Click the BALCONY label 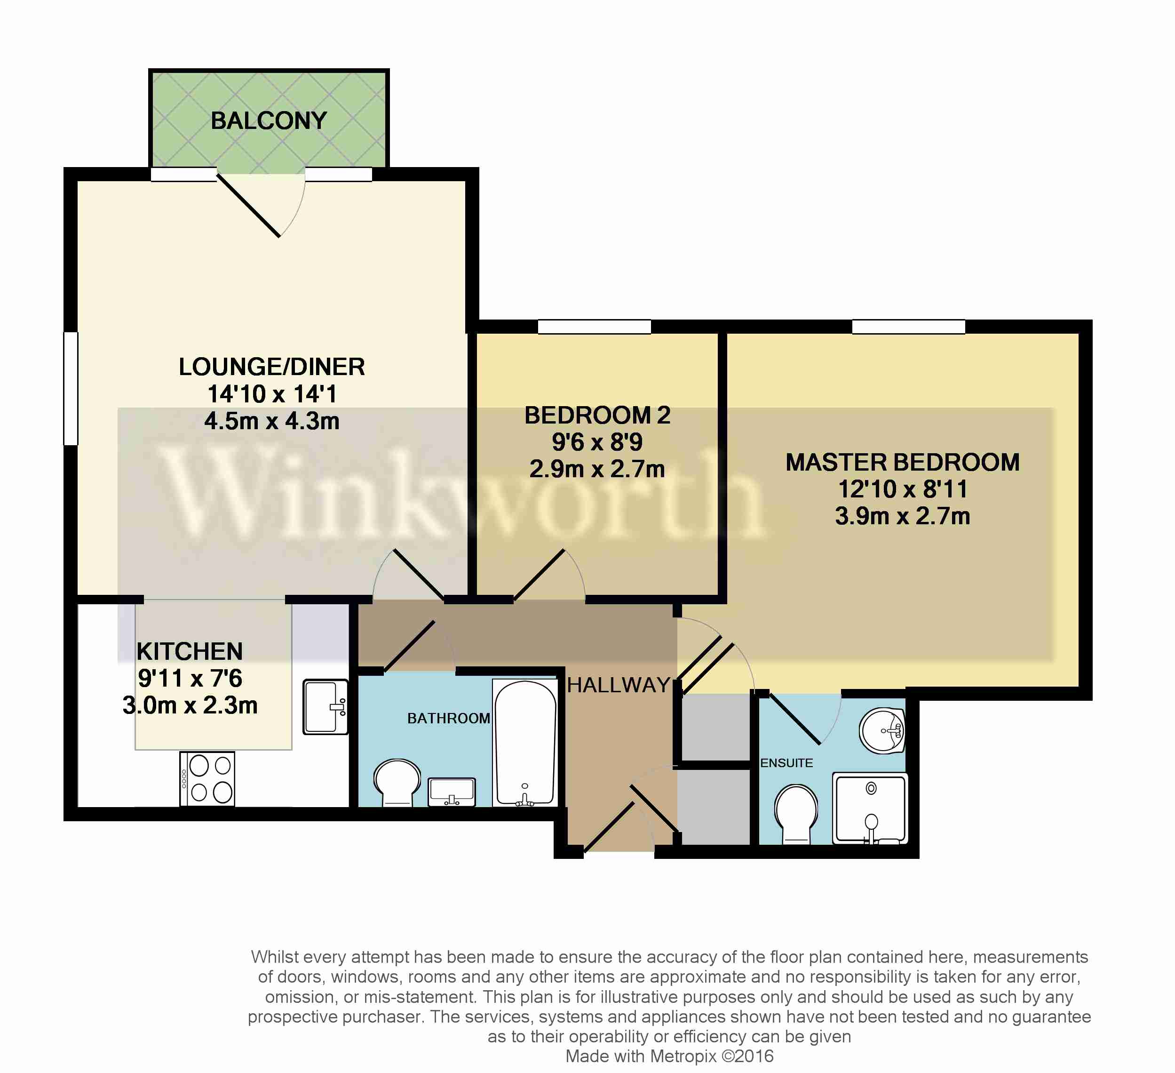click(x=269, y=120)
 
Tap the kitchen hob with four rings click(x=208, y=779)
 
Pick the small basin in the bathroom click(x=452, y=792)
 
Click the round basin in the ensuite click(x=882, y=731)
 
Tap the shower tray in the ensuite click(x=870, y=809)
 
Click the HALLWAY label click(x=619, y=685)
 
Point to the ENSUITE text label click(x=786, y=763)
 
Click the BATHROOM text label click(x=448, y=719)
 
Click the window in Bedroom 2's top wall click(x=594, y=327)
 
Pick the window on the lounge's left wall click(x=71, y=388)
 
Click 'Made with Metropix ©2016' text click(x=669, y=1056)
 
